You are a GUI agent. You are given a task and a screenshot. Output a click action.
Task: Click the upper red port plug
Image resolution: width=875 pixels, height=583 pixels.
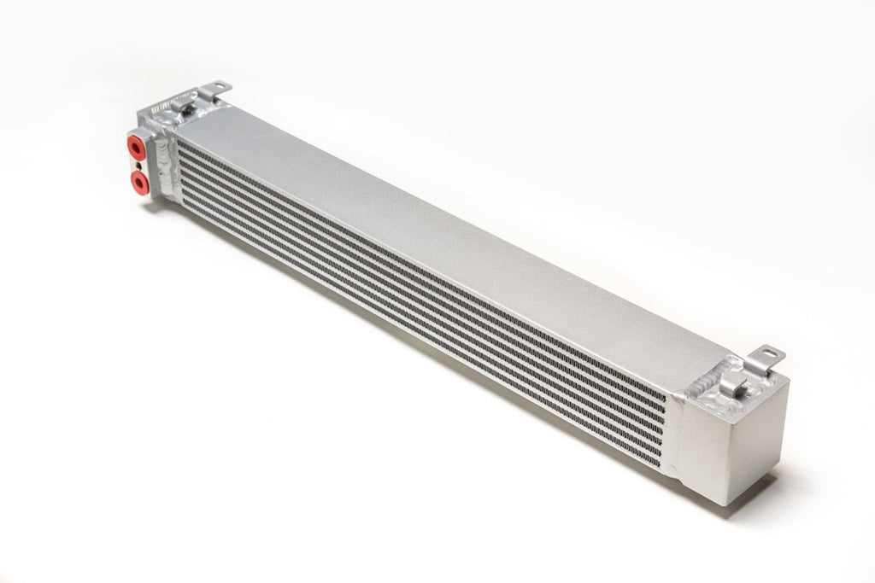[x=135, y=147]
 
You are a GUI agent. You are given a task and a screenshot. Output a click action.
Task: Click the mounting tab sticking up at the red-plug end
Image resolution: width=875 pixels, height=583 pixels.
[x=217, y=88]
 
